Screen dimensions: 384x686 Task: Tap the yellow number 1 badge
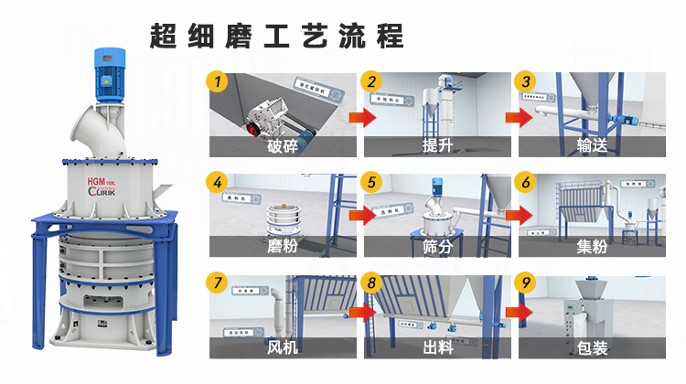pyautogui.click(x=217, y=82)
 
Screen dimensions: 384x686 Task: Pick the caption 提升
pyautogui.click(x=435, y=147)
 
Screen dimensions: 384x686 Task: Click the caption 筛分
pyautogui.click(x=435, y=246)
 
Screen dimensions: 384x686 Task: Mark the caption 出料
pyautogui.click(x=435, y=347)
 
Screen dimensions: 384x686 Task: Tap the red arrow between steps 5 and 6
pyautogui.click(x=518, y=217)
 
